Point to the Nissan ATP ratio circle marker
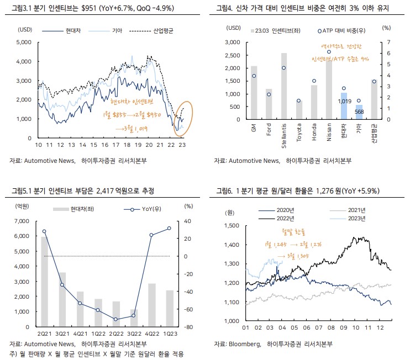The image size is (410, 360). [x=329, y=51]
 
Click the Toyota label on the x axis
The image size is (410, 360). [x=299, y=135]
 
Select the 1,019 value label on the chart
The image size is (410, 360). [x=344, y=101]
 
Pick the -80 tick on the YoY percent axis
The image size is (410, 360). [x=188, y=327]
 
